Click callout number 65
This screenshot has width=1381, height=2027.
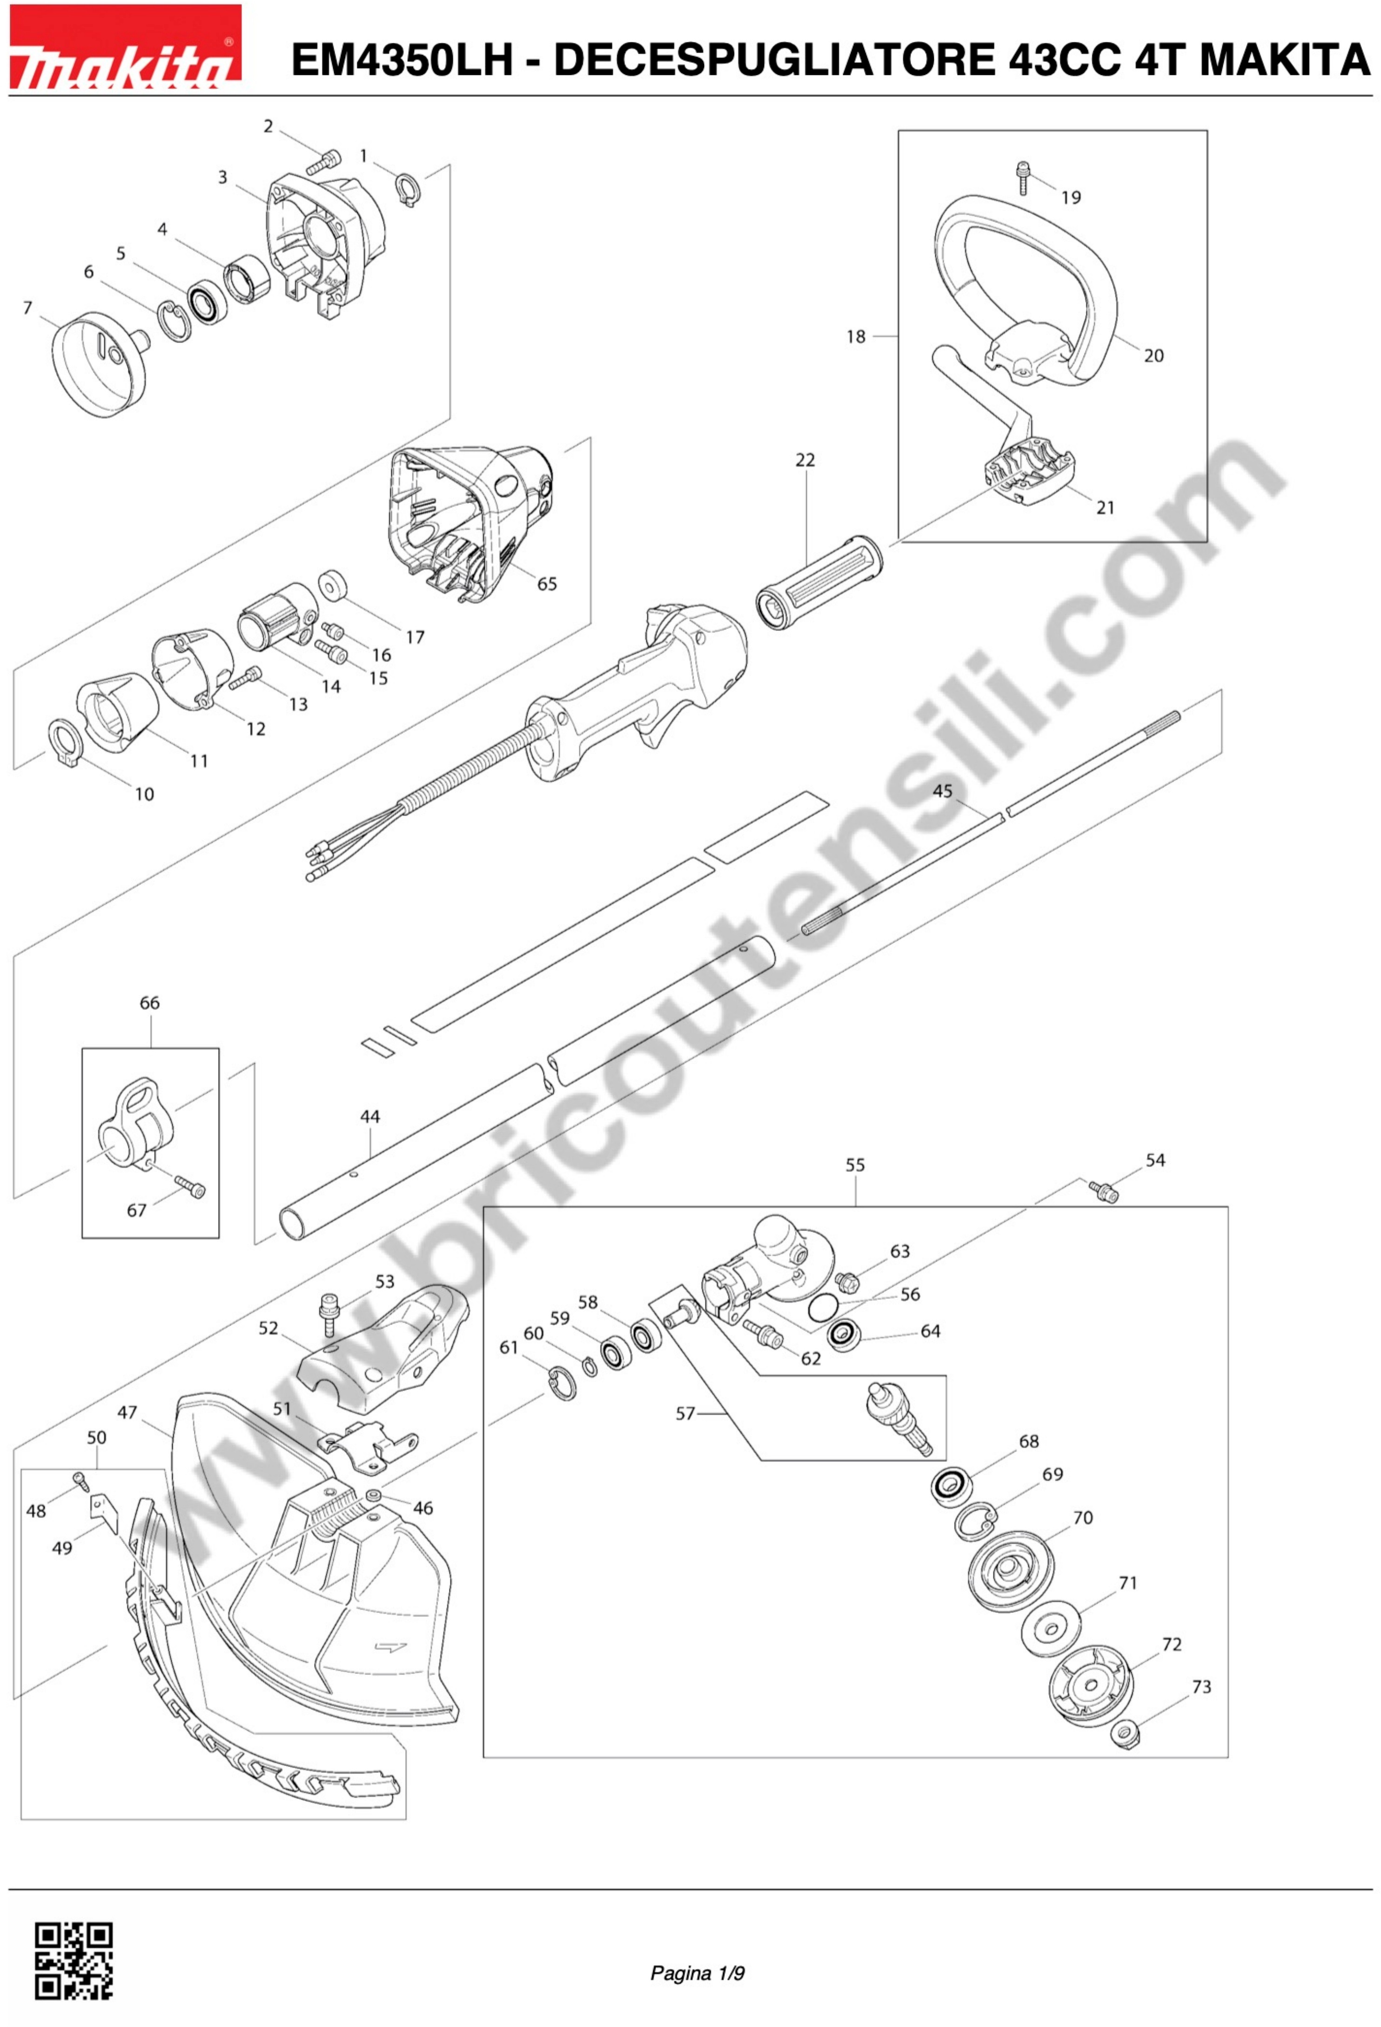(x=547, y=583)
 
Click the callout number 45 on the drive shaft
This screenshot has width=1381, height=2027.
(x=942, y=790)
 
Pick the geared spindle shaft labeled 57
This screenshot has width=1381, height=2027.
(x=901, y=1419)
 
